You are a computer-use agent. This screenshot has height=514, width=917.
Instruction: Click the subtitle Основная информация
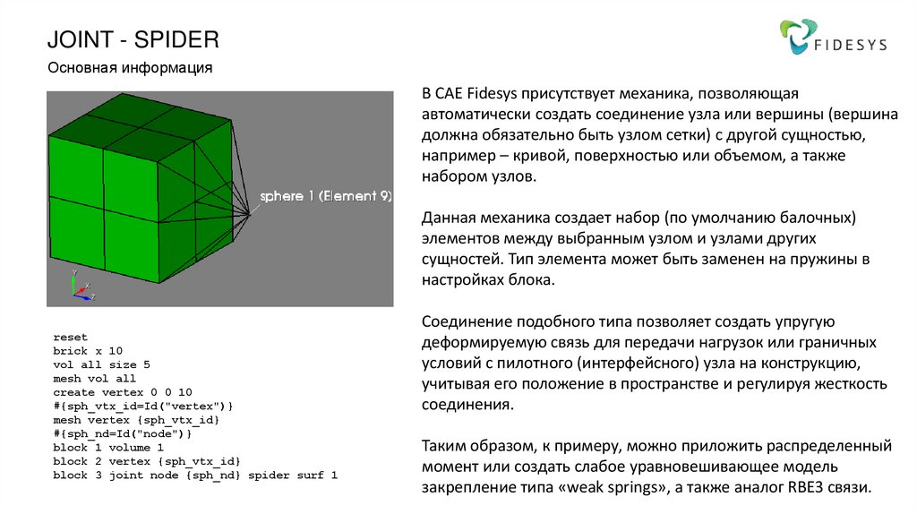(x=129, y=67)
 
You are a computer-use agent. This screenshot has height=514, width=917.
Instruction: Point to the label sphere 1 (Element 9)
(x=325, y=196)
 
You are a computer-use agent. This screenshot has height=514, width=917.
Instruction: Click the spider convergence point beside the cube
(x=250, y=212)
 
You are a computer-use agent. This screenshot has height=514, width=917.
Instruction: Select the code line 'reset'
(x=71, y=337)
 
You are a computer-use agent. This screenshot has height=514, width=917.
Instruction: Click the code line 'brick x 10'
(x=88, y=351)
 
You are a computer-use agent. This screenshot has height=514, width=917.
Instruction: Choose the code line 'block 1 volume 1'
(x=108, y=447)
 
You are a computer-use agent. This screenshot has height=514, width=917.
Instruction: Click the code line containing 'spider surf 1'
(x=195, y=475)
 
